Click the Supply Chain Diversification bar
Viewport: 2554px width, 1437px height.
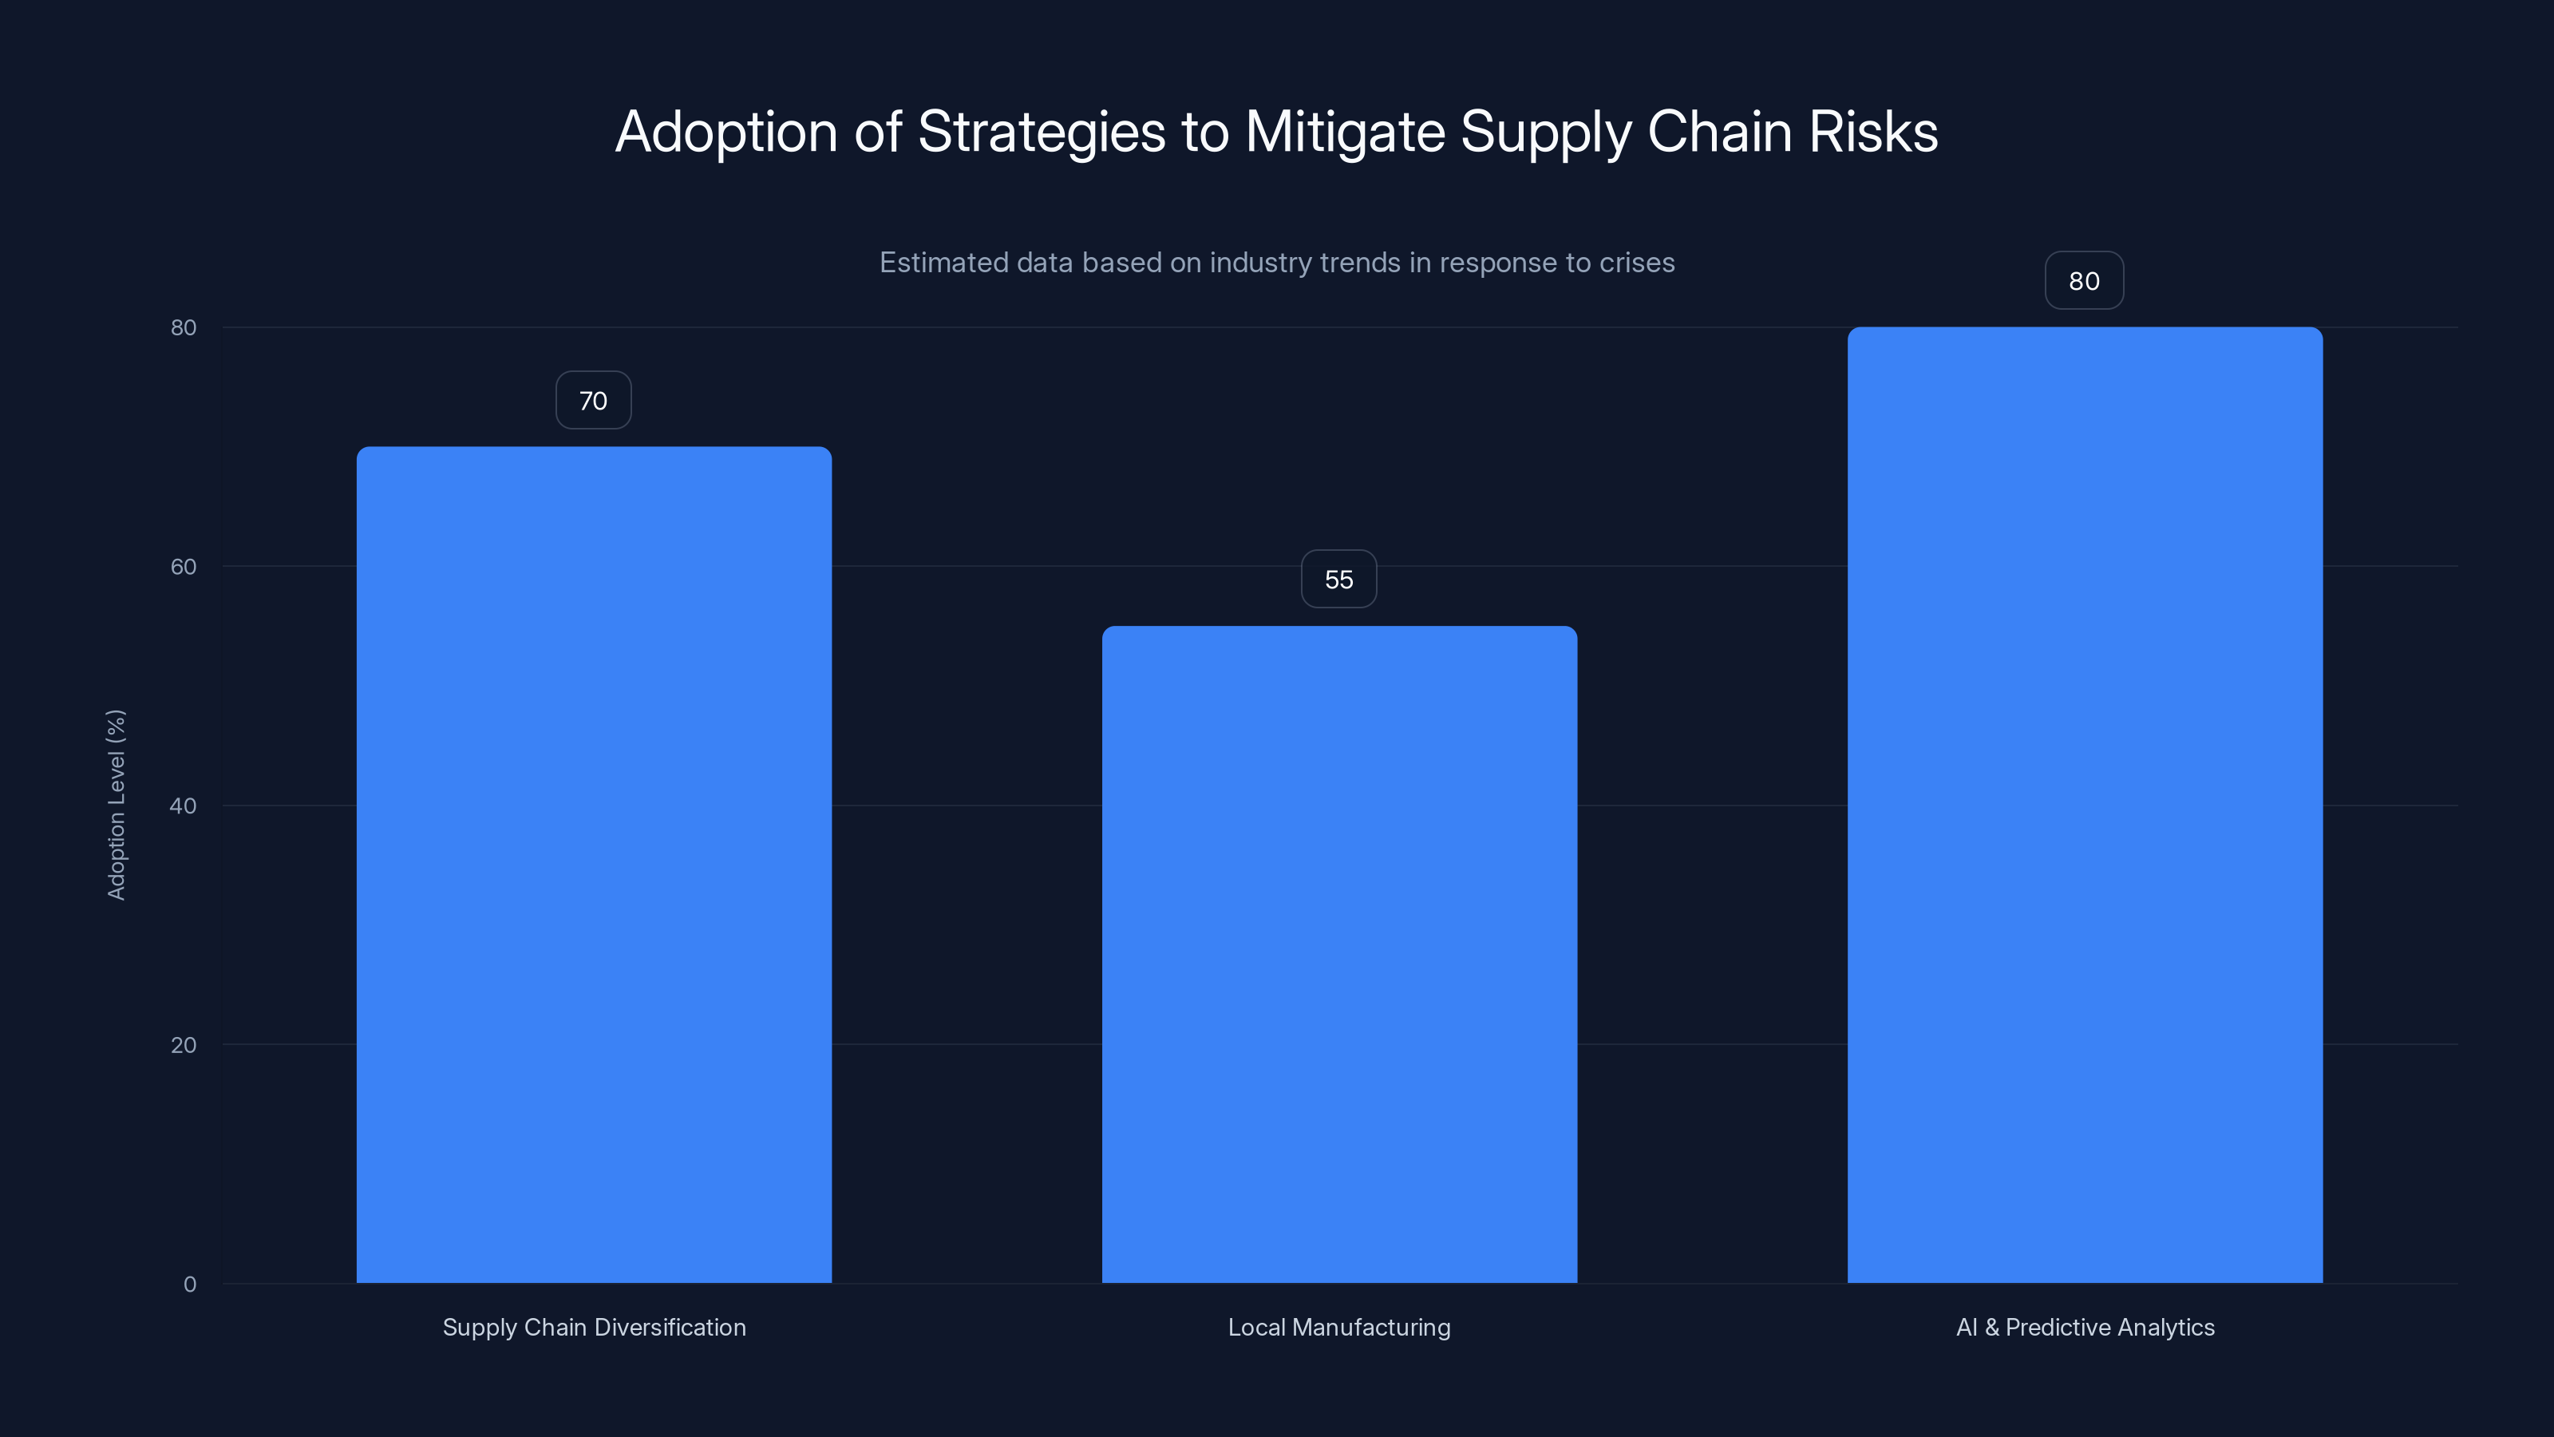click(594, 864)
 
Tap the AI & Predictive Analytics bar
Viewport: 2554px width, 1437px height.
click(2084, 804)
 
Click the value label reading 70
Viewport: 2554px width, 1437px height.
click(593, 401)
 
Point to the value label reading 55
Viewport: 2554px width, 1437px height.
click(1338, 579)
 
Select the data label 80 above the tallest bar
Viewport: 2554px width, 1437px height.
click(2084, 281)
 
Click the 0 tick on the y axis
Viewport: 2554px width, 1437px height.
click(189, 1285)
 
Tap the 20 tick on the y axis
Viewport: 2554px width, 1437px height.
click(184, 1044)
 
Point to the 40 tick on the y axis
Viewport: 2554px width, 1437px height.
click(184, 806)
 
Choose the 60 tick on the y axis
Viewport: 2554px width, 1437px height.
click(184, 566)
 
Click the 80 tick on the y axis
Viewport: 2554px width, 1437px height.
click(184, 327)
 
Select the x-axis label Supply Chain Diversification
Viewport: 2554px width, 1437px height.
click(594, 1327)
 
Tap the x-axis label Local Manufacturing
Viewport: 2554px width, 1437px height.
click(1338, 1327)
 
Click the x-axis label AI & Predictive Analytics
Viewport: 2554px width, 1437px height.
click(2084, 1327)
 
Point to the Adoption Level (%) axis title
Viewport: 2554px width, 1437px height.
click(116, 804)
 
